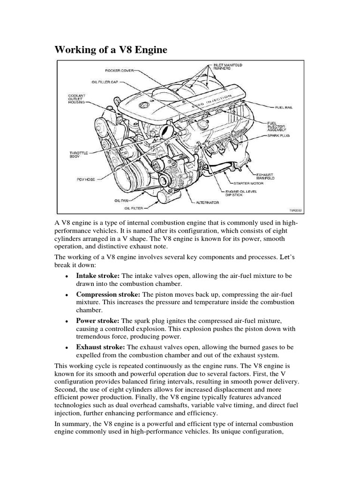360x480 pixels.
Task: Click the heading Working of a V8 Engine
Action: [111, 49]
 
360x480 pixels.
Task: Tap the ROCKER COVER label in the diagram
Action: [120, 71]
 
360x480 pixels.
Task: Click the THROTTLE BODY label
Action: [78, 154]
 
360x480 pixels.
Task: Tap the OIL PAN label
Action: [120, 200]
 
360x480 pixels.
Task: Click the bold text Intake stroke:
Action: [97, 276]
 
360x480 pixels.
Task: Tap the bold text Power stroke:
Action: [98, 321]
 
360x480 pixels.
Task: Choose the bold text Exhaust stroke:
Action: [101, 347]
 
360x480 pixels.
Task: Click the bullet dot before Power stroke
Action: [67, 322]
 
